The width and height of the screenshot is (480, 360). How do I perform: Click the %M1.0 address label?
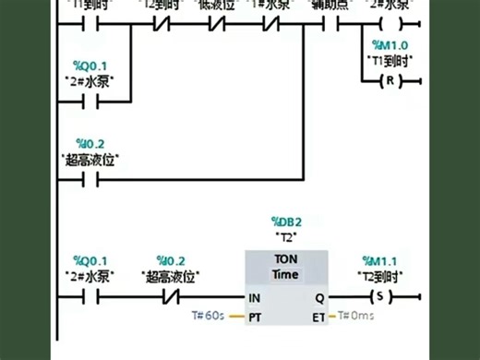pyautogui.click(x=389, y=45)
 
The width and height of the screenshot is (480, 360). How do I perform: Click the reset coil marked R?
pyautogui.click(x=389, y=82)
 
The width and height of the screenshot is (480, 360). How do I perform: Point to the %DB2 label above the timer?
pyautogui.click(x=287, y=222)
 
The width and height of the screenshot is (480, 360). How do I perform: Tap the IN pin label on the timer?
pyautogui.click(x=255, y=298)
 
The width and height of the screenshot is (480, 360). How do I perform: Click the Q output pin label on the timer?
pyautogui.click(x=319, y=298)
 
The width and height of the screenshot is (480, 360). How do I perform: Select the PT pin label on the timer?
pyautogui.click(x=255, y=317)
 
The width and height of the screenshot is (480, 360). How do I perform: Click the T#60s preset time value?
pyautogui.click(x=209, y=317)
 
